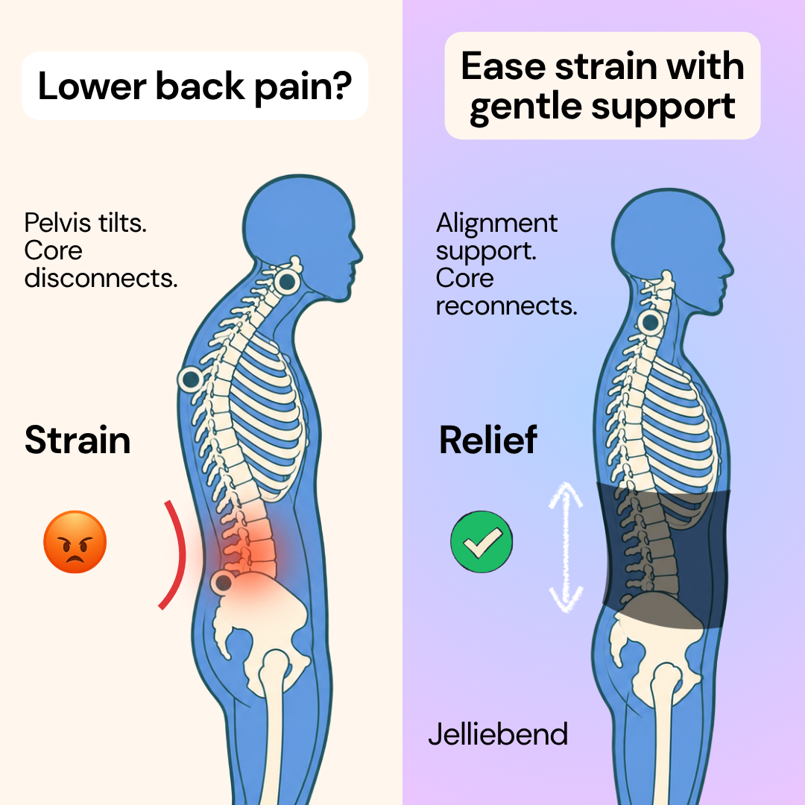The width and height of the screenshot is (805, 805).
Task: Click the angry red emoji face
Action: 75,542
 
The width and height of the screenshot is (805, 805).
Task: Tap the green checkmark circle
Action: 482,542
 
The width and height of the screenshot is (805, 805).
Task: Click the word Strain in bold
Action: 78,441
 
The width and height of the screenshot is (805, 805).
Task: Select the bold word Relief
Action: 487,440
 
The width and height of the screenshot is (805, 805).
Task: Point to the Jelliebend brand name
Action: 498,733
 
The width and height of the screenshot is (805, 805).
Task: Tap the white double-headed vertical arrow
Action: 566,547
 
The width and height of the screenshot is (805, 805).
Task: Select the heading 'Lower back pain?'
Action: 195,86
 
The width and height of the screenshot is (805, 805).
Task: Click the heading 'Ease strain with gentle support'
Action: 602,86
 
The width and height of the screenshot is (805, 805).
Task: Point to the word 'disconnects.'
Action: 101,278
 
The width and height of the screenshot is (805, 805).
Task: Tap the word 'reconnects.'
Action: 507,306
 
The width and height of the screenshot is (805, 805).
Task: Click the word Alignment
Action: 496,224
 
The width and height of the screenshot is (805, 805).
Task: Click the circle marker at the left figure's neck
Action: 286,282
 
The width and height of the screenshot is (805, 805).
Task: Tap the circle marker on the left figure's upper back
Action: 191,380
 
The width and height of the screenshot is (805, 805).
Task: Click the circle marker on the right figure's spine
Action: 651,323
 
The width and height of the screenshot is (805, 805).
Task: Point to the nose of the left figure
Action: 359,253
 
